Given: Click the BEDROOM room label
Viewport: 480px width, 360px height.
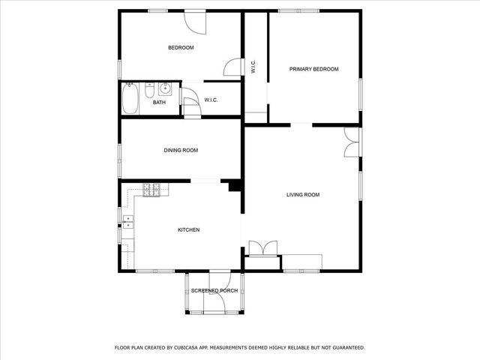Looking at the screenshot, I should point(181,48).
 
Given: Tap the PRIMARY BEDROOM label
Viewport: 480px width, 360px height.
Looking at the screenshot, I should point(314,69).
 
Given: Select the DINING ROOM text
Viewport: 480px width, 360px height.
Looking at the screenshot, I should point(181,150).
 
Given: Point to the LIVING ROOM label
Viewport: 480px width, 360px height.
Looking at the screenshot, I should point(303,195).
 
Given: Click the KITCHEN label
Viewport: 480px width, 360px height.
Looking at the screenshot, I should point(188,229).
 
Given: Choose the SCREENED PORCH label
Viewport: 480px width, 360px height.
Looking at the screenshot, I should point(214,290).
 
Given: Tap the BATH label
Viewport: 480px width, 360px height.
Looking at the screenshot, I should point(159,103).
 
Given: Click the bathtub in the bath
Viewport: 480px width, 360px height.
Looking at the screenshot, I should point(130,97).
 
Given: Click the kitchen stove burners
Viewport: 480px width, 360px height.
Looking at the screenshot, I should point(151,190).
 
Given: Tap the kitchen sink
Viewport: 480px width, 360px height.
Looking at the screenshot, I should point(127,221).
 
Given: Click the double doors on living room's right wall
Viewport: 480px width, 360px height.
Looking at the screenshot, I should point(351,142).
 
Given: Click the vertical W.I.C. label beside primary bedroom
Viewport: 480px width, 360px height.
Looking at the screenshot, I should point(254,67).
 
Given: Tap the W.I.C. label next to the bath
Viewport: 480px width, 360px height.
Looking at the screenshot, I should point(211,100).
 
